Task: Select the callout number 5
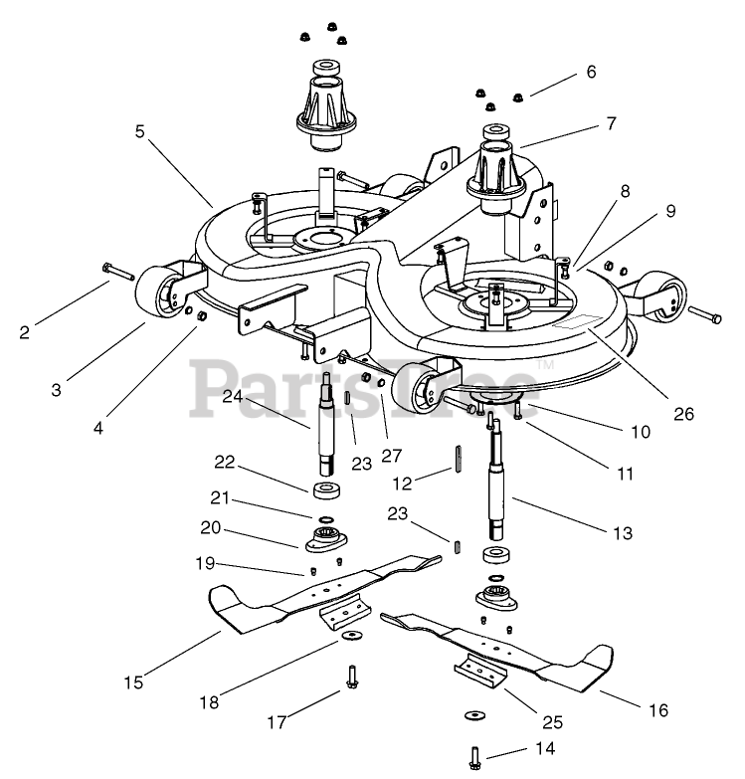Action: click(x=140, y=129)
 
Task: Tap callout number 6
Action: click(x=591, y=72)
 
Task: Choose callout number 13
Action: click(x=623, y=533)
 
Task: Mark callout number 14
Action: click(x=544, y=747)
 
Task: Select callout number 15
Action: click(x=133, y=682)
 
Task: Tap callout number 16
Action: click(x=658, y=710)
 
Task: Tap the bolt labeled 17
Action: click(x=352, y=676)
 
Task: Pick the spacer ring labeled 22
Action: click(x=325, y=490)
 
